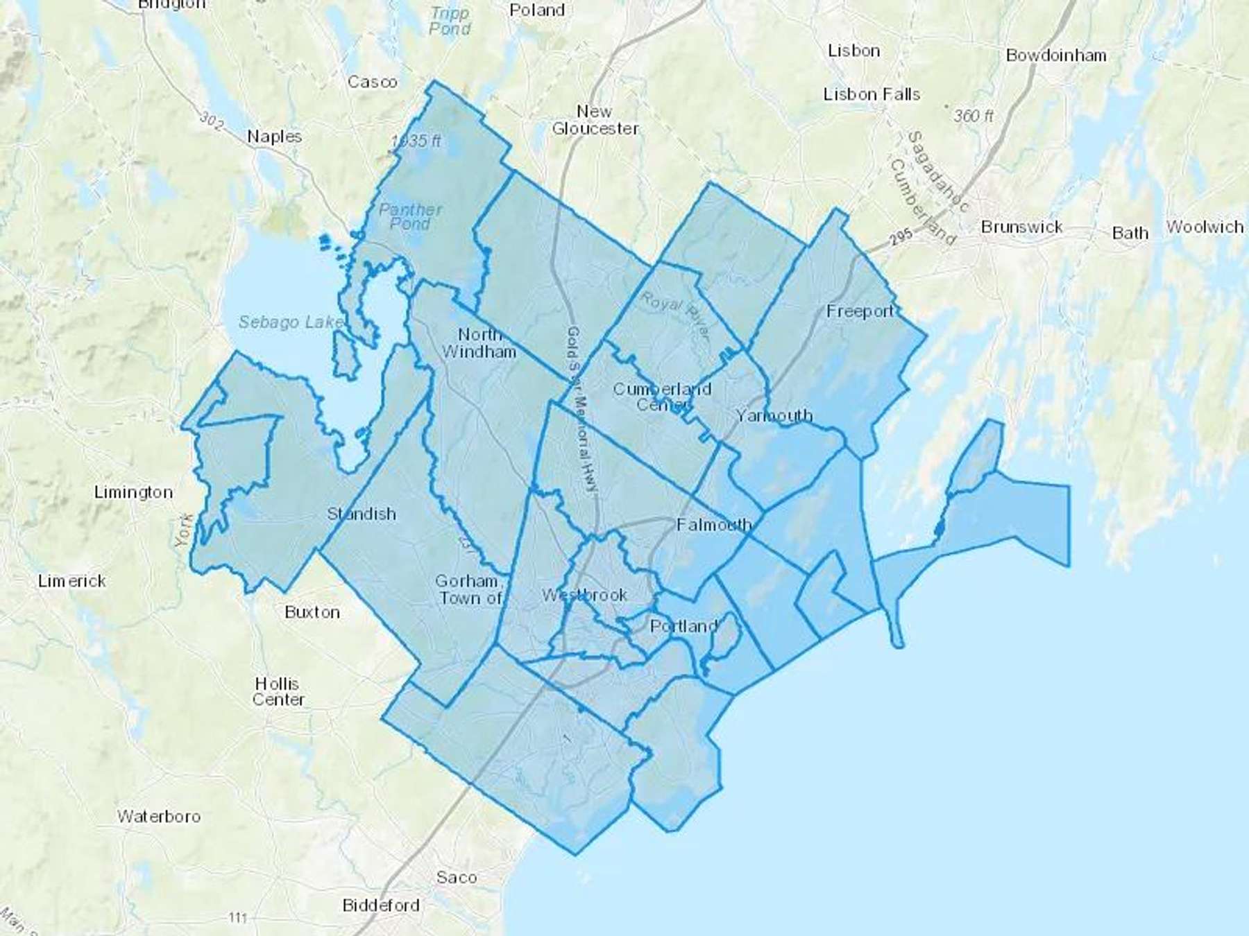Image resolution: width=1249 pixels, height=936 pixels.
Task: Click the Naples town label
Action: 274,137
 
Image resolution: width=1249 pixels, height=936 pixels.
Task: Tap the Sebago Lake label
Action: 290,322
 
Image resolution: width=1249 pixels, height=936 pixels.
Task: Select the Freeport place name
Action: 860,311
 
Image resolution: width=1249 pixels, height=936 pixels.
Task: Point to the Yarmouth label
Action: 774,415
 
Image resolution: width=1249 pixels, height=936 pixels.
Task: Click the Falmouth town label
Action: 714,525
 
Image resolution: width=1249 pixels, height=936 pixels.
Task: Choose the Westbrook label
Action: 584,595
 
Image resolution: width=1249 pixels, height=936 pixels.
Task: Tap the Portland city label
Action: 683,626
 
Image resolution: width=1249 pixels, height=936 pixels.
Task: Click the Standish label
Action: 361,514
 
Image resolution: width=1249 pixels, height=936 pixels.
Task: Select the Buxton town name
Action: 312,612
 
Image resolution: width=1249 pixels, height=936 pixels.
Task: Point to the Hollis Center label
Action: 278,691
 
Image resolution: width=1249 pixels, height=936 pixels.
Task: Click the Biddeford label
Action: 381,905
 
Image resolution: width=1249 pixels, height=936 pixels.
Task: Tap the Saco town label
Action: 456,878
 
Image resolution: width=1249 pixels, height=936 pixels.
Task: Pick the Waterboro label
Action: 159,816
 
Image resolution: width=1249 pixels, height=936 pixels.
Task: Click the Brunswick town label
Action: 1021,227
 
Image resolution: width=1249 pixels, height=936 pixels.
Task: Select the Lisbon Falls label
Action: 872,94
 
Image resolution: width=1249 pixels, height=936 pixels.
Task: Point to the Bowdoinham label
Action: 1056,55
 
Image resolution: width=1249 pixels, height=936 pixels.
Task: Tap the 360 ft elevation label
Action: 973,116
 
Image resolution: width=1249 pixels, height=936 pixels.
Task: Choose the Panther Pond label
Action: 410,216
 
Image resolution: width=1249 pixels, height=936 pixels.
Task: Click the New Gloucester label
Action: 595,120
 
